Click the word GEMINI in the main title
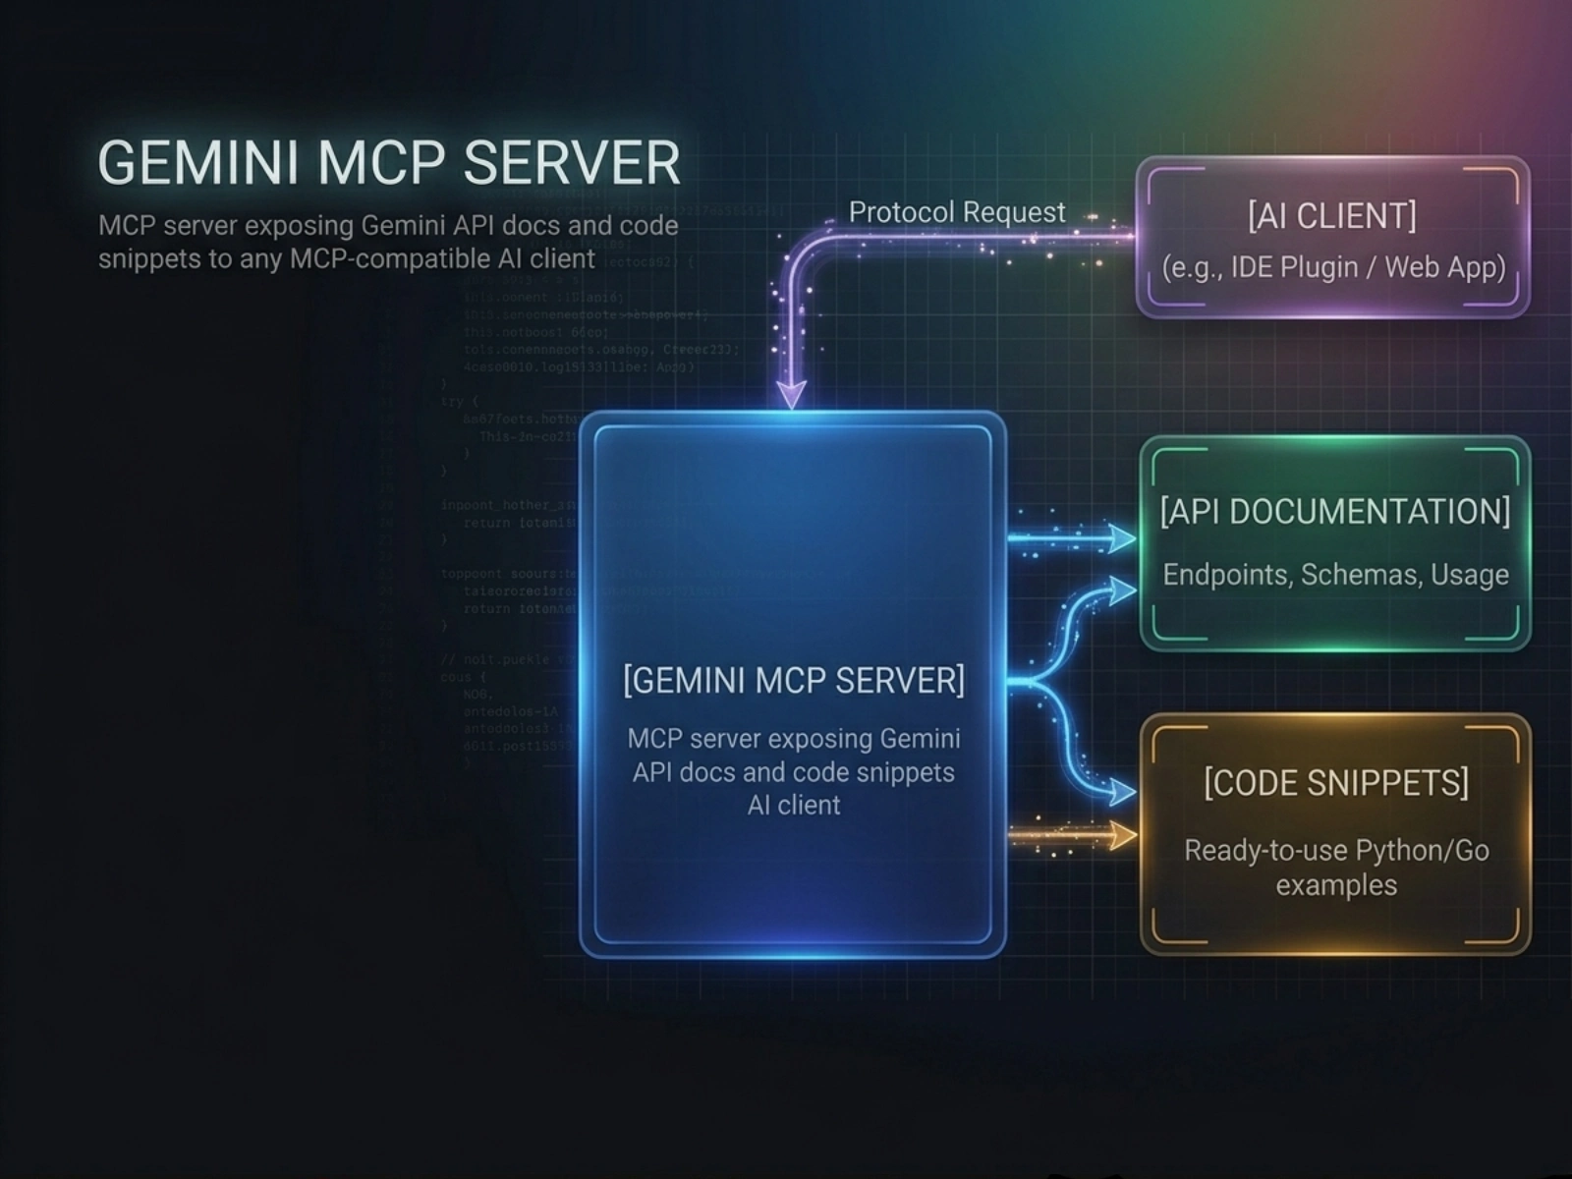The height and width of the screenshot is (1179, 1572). coord(196,162)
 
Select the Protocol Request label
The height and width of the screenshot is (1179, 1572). coord(956,212)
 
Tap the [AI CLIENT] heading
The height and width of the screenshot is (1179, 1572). coord(1331,216)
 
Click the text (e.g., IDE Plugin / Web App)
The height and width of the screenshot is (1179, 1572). coord(1333,267)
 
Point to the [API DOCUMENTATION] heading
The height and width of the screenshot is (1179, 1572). coord(1334,512)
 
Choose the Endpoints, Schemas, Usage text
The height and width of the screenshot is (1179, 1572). coord(1335,575)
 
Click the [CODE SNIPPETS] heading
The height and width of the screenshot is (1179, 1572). coord(1335,783)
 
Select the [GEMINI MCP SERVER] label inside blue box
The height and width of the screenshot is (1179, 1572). coord(793,680)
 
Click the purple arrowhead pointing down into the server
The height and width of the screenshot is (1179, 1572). coord(791,395)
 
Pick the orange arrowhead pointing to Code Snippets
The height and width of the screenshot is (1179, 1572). coord(1122,836)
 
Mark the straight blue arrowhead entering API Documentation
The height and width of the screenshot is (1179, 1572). coord(1122,538)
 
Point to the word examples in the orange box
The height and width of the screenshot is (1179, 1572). coord(1335,885)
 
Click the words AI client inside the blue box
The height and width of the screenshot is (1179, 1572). coord(793,806)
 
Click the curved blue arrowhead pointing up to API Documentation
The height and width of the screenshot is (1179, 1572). coord(1122,589)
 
